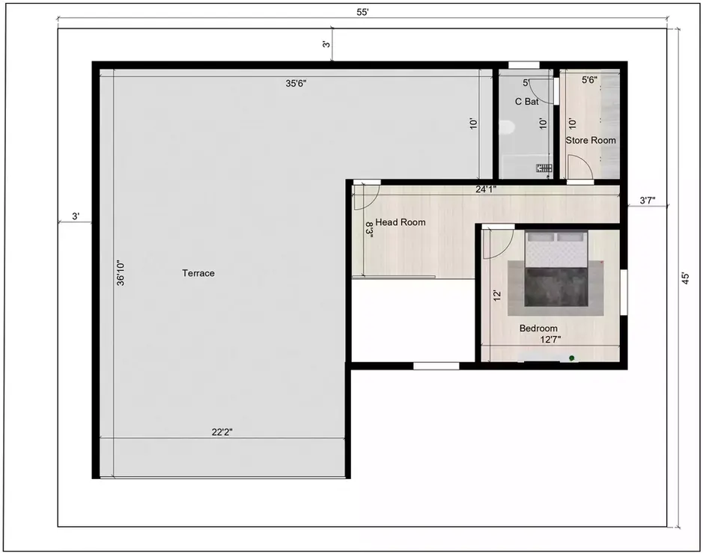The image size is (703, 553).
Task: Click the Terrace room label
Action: click(198, 273)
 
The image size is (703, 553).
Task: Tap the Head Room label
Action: click(401, 222)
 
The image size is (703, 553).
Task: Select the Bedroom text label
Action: click(538, 329)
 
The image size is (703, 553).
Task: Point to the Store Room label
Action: click(591, 140)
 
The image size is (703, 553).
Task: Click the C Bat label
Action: click(526, 101)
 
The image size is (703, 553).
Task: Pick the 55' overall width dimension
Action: click(363, 13)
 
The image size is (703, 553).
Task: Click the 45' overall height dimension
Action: click(684, 277)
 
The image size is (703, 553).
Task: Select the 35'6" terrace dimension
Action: click(296, 84)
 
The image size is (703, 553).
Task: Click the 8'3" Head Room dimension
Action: click(369, 228)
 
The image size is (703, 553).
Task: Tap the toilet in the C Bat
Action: click(506, 129)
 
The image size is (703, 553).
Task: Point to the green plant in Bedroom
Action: click(572, 359)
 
